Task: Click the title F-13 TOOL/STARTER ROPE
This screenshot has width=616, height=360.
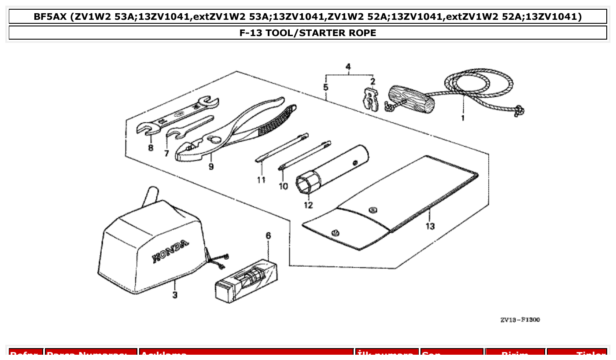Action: coord(308,33)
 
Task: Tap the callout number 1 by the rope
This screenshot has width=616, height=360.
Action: coord(462,118)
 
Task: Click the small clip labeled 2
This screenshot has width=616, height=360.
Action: coord(371,101)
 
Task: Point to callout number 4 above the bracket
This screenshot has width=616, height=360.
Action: coord(348,67)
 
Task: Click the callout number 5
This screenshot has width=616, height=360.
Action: coord(326,87)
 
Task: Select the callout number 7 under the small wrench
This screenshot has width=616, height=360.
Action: coord(166,153)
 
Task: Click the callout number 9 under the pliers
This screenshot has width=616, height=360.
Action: coord(211,167)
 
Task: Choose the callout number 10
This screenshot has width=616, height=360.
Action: coord(283,186)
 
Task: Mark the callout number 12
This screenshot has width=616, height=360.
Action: coord(308,205)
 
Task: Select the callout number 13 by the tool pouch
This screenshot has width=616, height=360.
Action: coord(430,226)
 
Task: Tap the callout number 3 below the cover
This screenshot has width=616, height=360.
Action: coord(175,295)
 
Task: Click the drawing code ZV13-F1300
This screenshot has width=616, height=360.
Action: coord(520,320)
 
